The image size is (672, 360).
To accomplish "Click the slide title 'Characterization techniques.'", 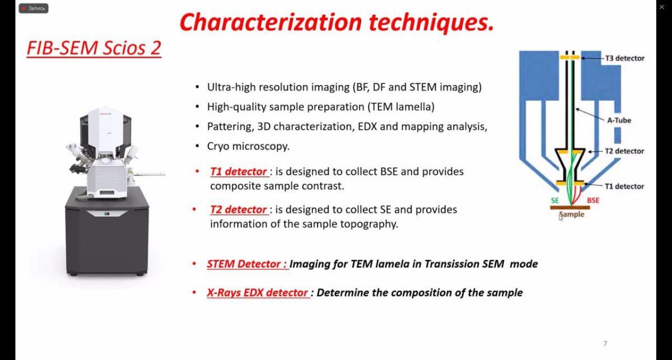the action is (x=337, y=22).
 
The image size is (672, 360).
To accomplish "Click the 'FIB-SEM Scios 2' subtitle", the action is (x=94, y=48).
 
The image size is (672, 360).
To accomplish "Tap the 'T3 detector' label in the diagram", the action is (x=624, y=58).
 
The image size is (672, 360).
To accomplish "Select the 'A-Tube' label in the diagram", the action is (x=619, y=120).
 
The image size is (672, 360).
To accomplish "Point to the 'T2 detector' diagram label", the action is (x=624, y=151).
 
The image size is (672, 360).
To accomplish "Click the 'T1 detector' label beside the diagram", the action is (x=624, y=186).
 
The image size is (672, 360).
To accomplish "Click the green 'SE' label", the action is (x=555, y=200).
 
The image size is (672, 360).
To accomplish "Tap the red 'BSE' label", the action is (x=593, y=200).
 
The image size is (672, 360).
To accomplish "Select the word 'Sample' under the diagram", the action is (x=572, y=214).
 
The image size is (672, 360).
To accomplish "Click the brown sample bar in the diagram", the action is (x=570, y=208).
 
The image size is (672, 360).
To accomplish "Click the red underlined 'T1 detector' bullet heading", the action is (x=239, y=171).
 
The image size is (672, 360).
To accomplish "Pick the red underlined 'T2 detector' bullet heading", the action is (x=239, y=209).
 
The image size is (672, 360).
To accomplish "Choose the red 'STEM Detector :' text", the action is (x=248, y=264).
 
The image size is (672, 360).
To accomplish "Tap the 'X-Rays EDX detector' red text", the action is (x=258, y=292).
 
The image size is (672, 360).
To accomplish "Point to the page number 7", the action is (x=605, y=343).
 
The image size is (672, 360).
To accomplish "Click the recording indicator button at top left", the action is (x=33, y=8).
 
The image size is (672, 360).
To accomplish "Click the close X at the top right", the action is (x=662, y=7).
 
